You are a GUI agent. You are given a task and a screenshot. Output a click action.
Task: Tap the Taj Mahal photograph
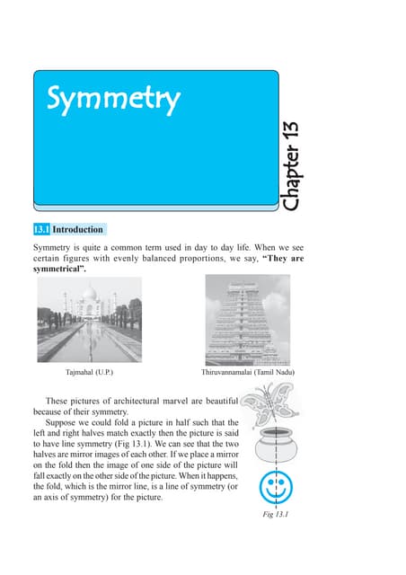tap(90, 318)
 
